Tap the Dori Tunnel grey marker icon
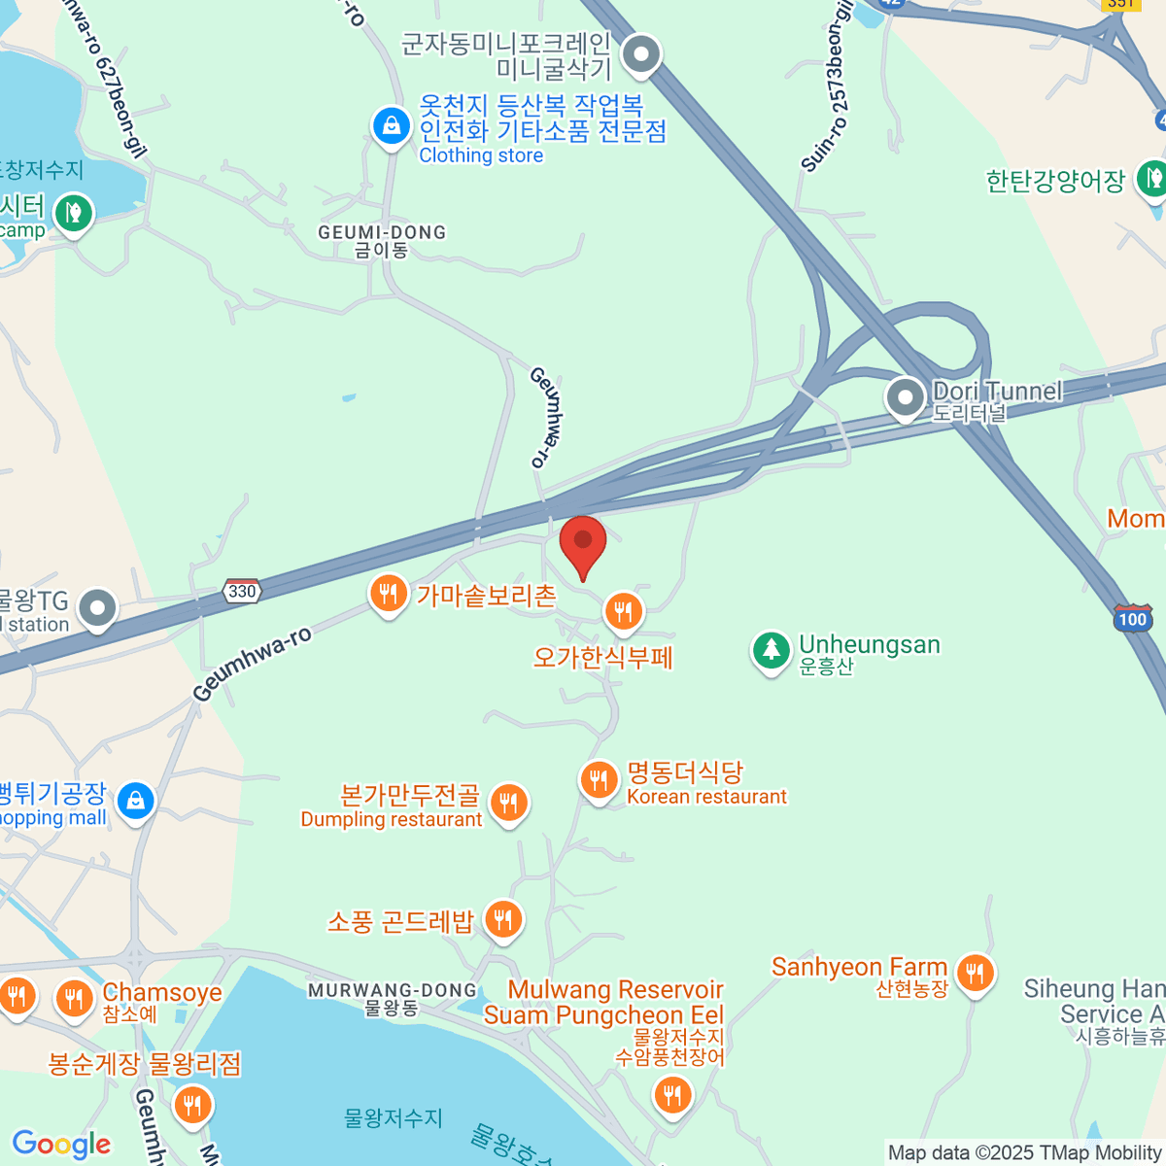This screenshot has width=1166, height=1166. click(x=906, y=398)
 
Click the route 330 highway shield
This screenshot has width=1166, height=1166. click(x=241, y=591)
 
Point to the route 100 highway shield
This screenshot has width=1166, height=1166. click(x=1132, y=619)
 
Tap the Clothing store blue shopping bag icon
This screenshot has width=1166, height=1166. click(x=391, y=126)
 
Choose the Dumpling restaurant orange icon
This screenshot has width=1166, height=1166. click(x=508, y=804)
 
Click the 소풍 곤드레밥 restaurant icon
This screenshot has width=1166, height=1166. click(x=503, y=918)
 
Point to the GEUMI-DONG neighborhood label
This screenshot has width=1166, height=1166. click(x=382, y=233)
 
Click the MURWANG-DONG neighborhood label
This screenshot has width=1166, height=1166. click(x=393, y=991)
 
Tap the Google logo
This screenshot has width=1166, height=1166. click(x=61, y=1145)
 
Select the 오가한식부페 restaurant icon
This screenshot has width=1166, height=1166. click(x=624, y=612)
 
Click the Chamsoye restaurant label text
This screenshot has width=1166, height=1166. click(x=162, y=993)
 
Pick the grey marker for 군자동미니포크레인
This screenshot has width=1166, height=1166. click(x=640, y=55)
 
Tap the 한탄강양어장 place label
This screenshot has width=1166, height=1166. click(x=1055, y=181)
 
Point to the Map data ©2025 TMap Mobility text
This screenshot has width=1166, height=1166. click(x=1025, y=1153)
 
